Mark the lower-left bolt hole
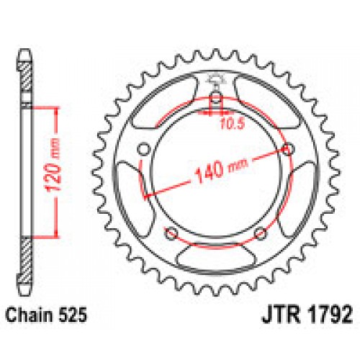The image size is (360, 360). pyautogui.click(x=171, y=232)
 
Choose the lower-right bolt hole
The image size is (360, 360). pyautogui.click(x=260, y=232)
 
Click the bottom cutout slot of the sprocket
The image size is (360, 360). pyautogui.click(x=215, y=258)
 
